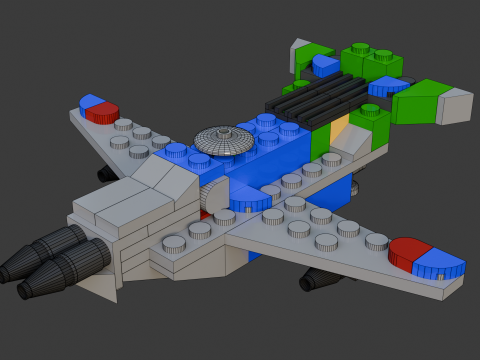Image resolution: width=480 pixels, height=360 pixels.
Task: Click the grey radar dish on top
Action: [224, 142]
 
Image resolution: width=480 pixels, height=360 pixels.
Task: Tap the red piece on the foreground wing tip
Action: [410, 251]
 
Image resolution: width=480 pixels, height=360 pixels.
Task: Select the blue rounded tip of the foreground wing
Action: [440, 267]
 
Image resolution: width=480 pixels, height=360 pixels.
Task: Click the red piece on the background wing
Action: [102, 113]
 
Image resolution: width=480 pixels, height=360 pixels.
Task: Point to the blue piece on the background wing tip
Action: [91, 101]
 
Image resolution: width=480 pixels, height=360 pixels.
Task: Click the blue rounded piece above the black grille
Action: [326, 66]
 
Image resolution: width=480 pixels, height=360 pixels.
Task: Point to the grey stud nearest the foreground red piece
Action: [376, 241]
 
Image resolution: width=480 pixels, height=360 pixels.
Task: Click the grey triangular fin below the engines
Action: [100, 287]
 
